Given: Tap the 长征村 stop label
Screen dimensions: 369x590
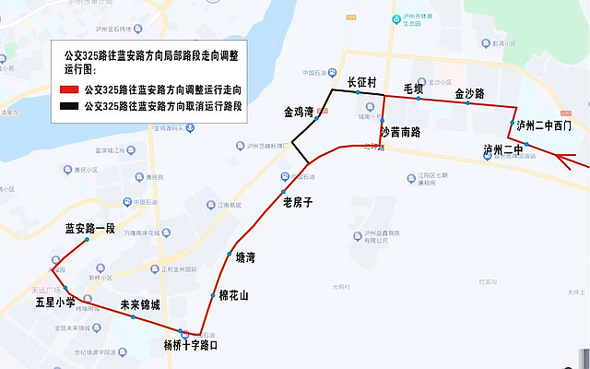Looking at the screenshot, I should (x=361, y=82).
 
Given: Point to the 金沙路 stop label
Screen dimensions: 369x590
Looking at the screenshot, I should (x=470, y=94).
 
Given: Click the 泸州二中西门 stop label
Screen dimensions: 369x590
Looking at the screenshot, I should (x=544, y=125).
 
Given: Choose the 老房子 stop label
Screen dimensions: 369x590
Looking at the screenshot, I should (x=298, y=201).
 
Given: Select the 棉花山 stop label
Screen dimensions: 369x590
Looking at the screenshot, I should (x=234, y=295).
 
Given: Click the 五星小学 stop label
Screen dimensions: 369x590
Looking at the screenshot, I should (x=55, y=301).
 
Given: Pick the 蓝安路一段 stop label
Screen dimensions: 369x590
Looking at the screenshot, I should (x=89, y=227).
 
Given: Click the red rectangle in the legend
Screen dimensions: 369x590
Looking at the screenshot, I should (x=67, y=91).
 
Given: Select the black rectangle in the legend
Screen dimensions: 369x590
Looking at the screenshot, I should (x=67, y=106).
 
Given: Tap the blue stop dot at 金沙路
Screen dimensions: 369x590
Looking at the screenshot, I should (x=467, y=103).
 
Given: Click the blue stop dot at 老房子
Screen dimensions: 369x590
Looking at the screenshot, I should (x=283, y=191).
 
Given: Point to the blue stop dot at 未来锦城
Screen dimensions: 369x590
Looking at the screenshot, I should (x=134, y=317).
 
